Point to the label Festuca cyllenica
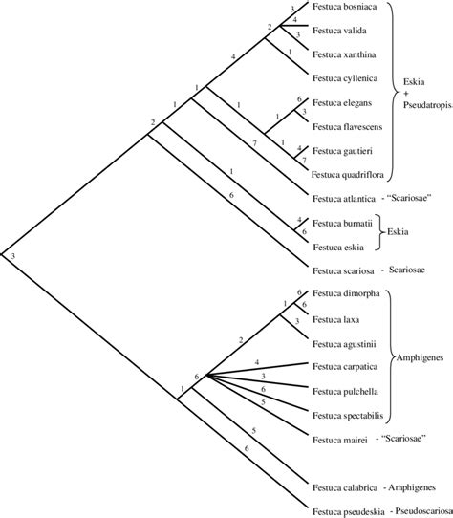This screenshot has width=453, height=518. pyautogui.click(x=345, y=77)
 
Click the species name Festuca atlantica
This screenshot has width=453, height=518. pyautogui.click(x=344, y=199)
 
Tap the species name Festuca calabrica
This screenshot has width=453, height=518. pyautogui.click(x=344, y=486)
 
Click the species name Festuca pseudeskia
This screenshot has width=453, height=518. pyautogui.click(x=348, y=509)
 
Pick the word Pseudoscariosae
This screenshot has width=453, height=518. pyautogui.click(x=417, y=509)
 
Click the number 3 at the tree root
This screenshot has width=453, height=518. pyautogui.click(x=12, y=257)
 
